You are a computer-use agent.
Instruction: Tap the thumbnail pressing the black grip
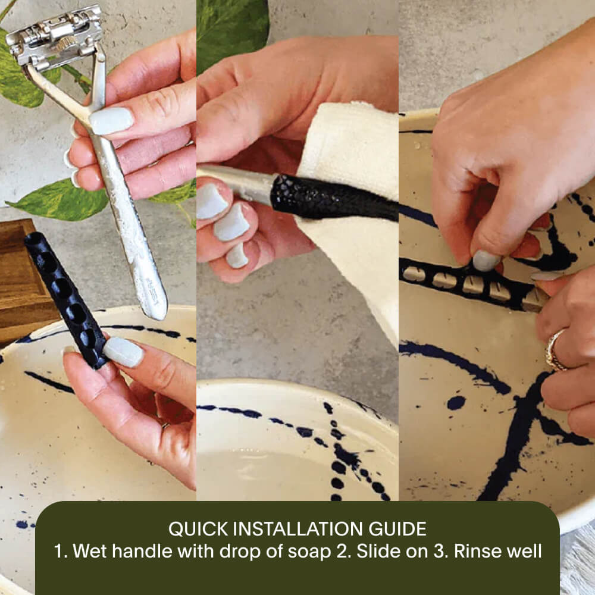(x=123, y=352)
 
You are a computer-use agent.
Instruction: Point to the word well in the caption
(x=526, y=551)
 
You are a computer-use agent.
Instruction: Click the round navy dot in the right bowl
(x=456, y=403)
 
